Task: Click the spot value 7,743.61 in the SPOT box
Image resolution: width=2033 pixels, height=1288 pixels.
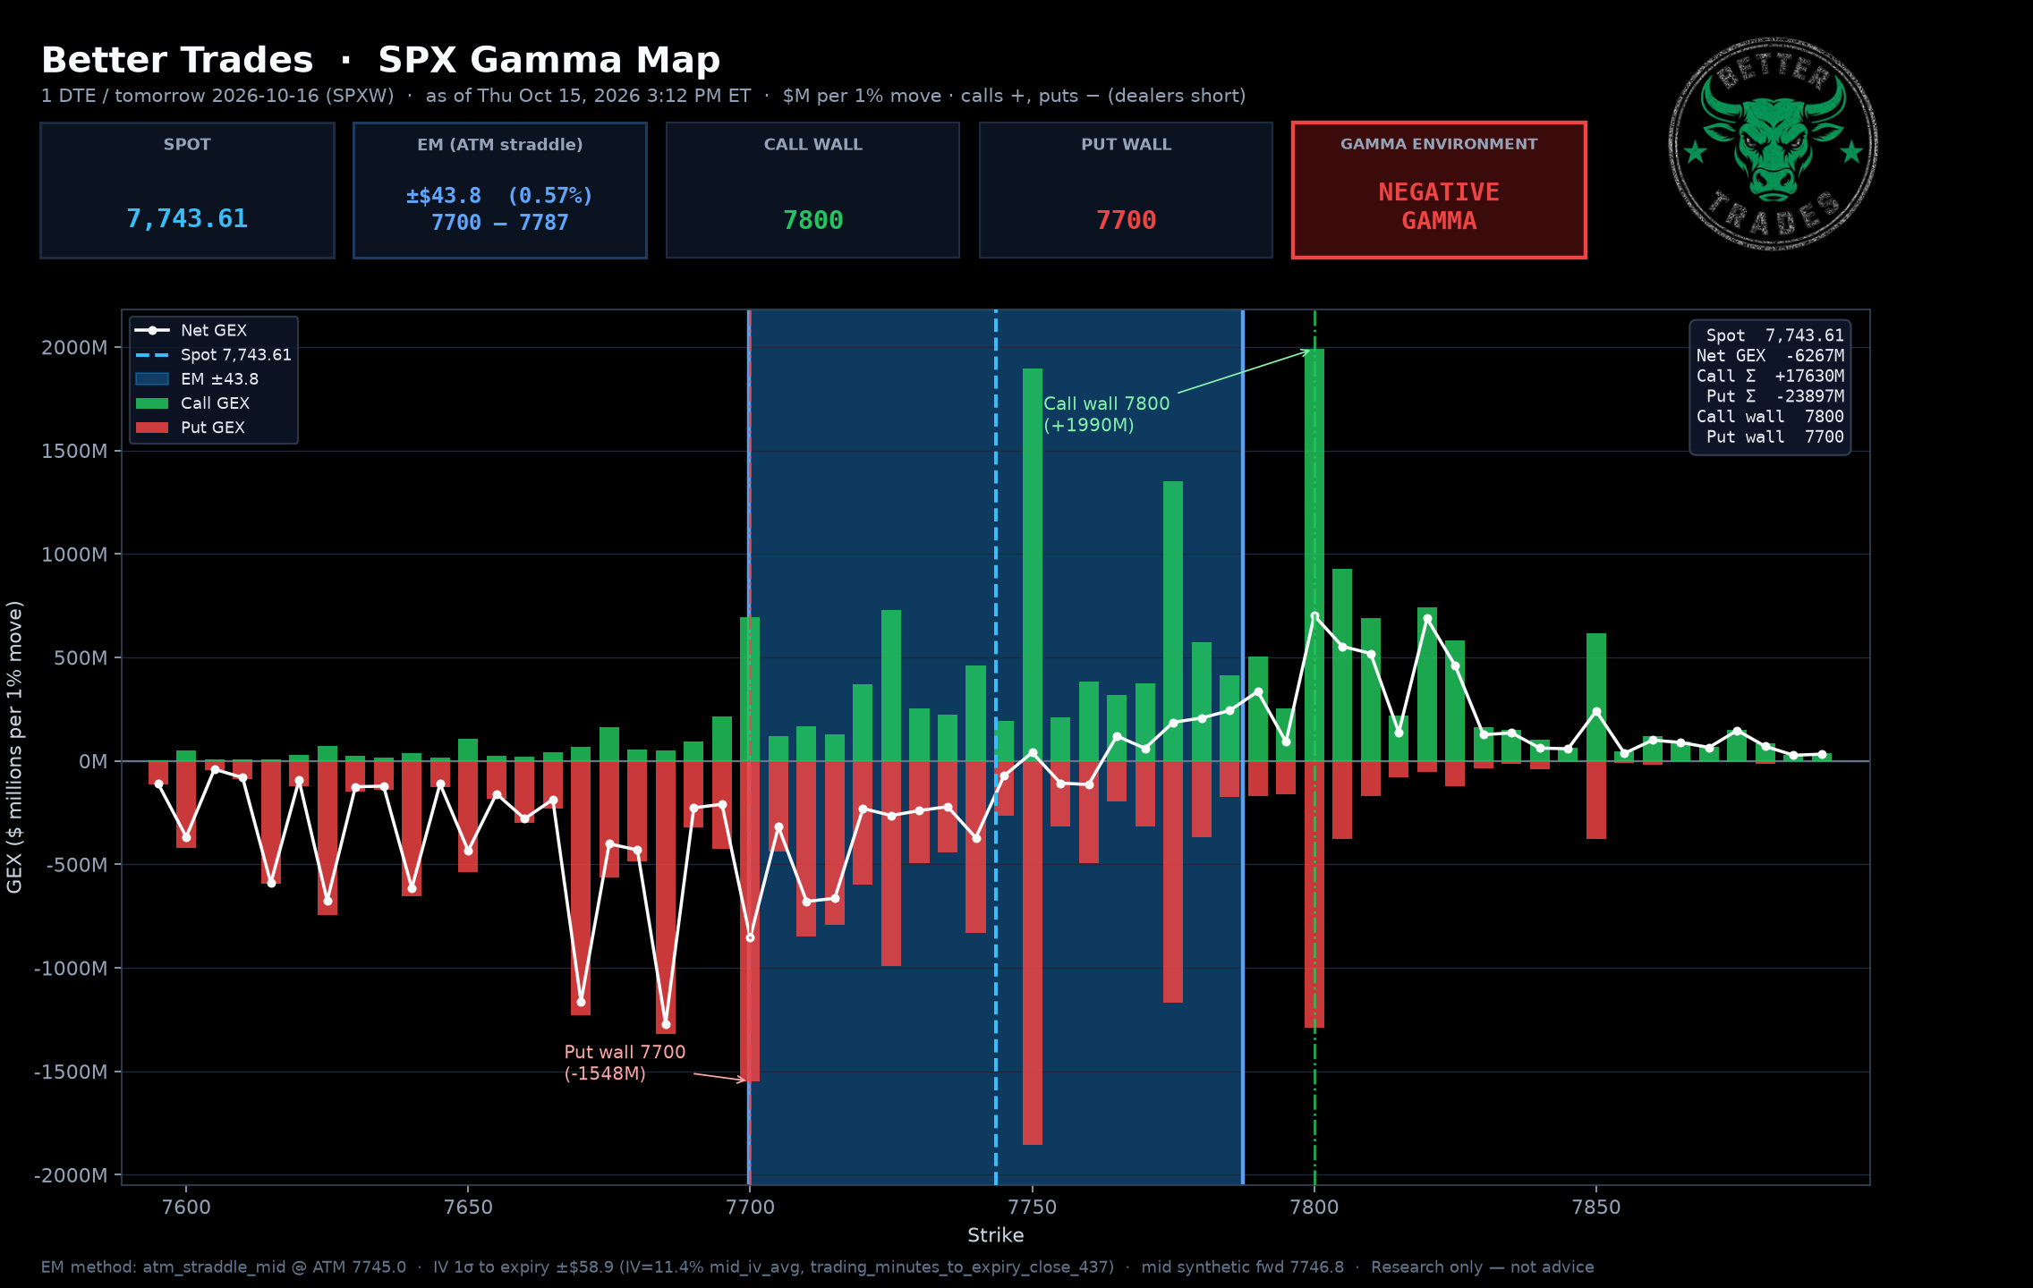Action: pyautogui.click(x=187, y=219)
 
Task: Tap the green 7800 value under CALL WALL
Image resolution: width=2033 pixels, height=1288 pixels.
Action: pyautogui.click(x=812, y=221)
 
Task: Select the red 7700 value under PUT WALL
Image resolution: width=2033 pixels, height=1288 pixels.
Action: pyautogui.click(x=1126, y=221)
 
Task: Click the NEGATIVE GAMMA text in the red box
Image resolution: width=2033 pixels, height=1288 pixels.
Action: pyautogui.click(x=1439, y=207)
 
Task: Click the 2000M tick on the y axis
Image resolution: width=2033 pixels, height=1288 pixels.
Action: pyautogui.click(x=74, y=348)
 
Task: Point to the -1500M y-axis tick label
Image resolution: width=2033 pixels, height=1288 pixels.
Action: pyautogui.click(x=71, y=1072)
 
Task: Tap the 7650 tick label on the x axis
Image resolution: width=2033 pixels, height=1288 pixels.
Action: pyautogui.click(x=468, y=1207)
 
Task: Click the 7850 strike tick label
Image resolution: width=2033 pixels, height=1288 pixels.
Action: pyautogui.click(x=1596, y=1207)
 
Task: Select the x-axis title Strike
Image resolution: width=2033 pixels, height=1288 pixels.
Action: pyautogui.click(x=995, y=1235)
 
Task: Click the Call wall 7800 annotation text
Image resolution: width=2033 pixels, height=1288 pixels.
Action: pyautogui.click(x=1107, y=414)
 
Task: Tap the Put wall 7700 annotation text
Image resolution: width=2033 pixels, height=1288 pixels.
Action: pyautogui.click(x=625, y=1063)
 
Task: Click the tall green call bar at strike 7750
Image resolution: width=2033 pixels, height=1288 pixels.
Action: pyautogui.click(x=1033, y=564)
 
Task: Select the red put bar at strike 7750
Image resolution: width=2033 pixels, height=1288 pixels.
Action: pyautogui.click(x=1033, y=953)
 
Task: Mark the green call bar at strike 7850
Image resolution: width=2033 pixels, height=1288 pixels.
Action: pyautogui.click(x=1596, y=697)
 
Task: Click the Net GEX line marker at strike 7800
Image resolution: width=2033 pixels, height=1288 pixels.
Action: pyautogui.click(x=1314, y=616)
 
